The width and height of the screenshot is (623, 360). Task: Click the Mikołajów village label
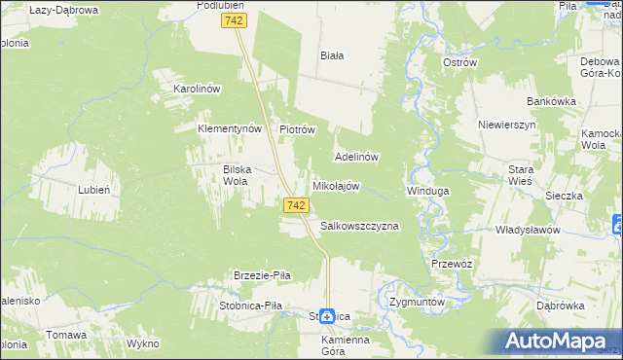pos(336,186)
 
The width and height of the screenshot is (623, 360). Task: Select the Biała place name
pos(332,55)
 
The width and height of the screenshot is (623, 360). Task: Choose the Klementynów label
pos(231,128)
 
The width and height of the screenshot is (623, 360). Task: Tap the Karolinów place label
pos(198,89)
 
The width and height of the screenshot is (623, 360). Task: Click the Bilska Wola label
pos(238,174)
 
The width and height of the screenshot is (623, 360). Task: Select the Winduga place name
pos(427,191)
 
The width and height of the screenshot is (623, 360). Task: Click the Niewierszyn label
pos(507,126)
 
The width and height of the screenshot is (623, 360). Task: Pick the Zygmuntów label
pos(417,302)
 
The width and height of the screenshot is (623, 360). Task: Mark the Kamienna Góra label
pos(346,345)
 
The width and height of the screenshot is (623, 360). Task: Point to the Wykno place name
pos(142,344)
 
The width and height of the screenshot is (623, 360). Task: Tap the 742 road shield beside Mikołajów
pos(298,205)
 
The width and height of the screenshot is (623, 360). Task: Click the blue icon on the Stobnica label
pos(328,316)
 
